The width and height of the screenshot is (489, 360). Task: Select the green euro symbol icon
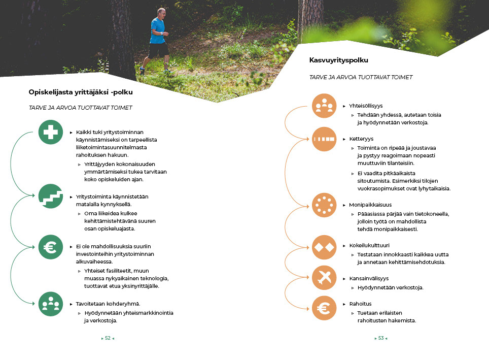tap(51, 247)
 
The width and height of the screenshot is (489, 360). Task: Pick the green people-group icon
tap(51, 304)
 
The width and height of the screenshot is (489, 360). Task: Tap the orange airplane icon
tap(324, 278)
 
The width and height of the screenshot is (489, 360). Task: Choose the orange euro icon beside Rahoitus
tap(324, 308)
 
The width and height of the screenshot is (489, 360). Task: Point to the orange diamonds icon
tap(324, 247)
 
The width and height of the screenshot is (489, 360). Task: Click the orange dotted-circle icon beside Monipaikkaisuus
tap(324, 205)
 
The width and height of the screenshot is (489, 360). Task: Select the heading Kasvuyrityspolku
tap(338, 60)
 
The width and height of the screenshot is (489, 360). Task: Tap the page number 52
tap(108, 338)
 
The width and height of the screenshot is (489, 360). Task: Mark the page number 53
tap(380, 338)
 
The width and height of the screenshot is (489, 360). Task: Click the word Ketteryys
tap(361, 139)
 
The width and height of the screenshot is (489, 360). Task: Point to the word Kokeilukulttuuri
tap(369, 245)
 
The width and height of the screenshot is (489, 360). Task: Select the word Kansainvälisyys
tap(369, 278)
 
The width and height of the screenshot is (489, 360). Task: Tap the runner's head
tap(161, 12)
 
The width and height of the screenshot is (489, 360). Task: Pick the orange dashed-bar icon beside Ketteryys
tap(324, 139)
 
